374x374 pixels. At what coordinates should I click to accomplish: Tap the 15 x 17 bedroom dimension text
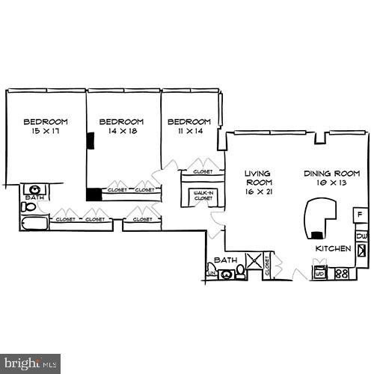pos(44,132)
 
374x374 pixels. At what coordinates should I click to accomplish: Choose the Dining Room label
pos(328,174)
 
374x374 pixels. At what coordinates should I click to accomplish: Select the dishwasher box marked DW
pos(361,236)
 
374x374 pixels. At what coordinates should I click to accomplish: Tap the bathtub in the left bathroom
pos(34,224)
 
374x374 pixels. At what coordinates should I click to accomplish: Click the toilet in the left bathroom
pos(28,206)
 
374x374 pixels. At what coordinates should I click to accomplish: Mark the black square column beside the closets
pos(93,194)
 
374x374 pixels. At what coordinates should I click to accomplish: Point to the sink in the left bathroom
pos(34,189)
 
